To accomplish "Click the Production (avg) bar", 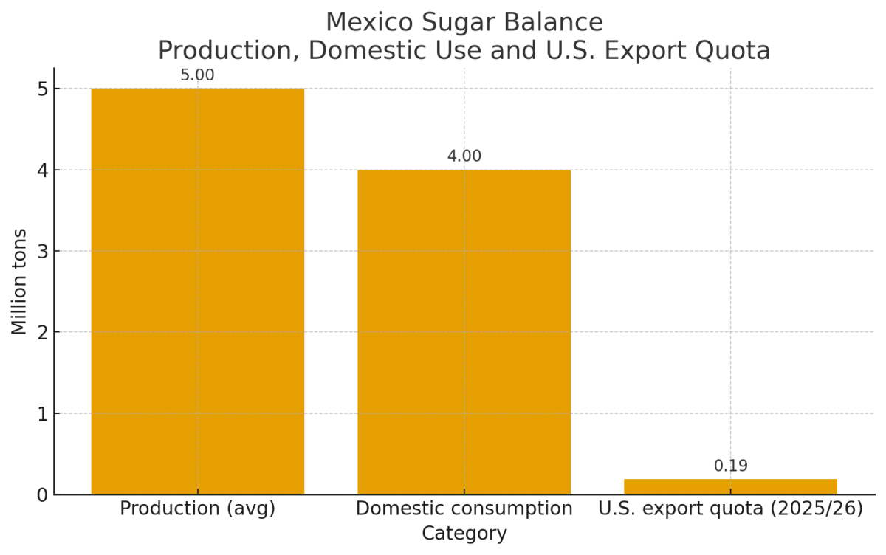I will point(197,292).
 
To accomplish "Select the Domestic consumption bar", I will point(464,332).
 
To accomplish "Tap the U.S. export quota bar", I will point(730,487).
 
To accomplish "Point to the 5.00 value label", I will point(197,76).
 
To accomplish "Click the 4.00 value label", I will point(464,156).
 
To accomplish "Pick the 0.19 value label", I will point(730,466).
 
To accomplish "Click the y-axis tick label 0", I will point(41,495).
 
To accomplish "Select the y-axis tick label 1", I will point(41,414).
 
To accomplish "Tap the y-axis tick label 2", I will point(41,333).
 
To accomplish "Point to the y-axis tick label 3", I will point(41,252).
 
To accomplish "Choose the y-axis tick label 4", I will point(41,170).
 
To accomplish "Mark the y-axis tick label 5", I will point(41,89).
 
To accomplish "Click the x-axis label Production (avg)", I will point(197,509).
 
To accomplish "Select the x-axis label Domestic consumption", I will point(464,509).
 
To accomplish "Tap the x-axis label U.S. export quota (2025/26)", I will point(730,509).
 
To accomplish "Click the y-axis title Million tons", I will point(20,281).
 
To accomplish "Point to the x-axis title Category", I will point(464,534).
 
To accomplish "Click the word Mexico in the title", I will point(366,23).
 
